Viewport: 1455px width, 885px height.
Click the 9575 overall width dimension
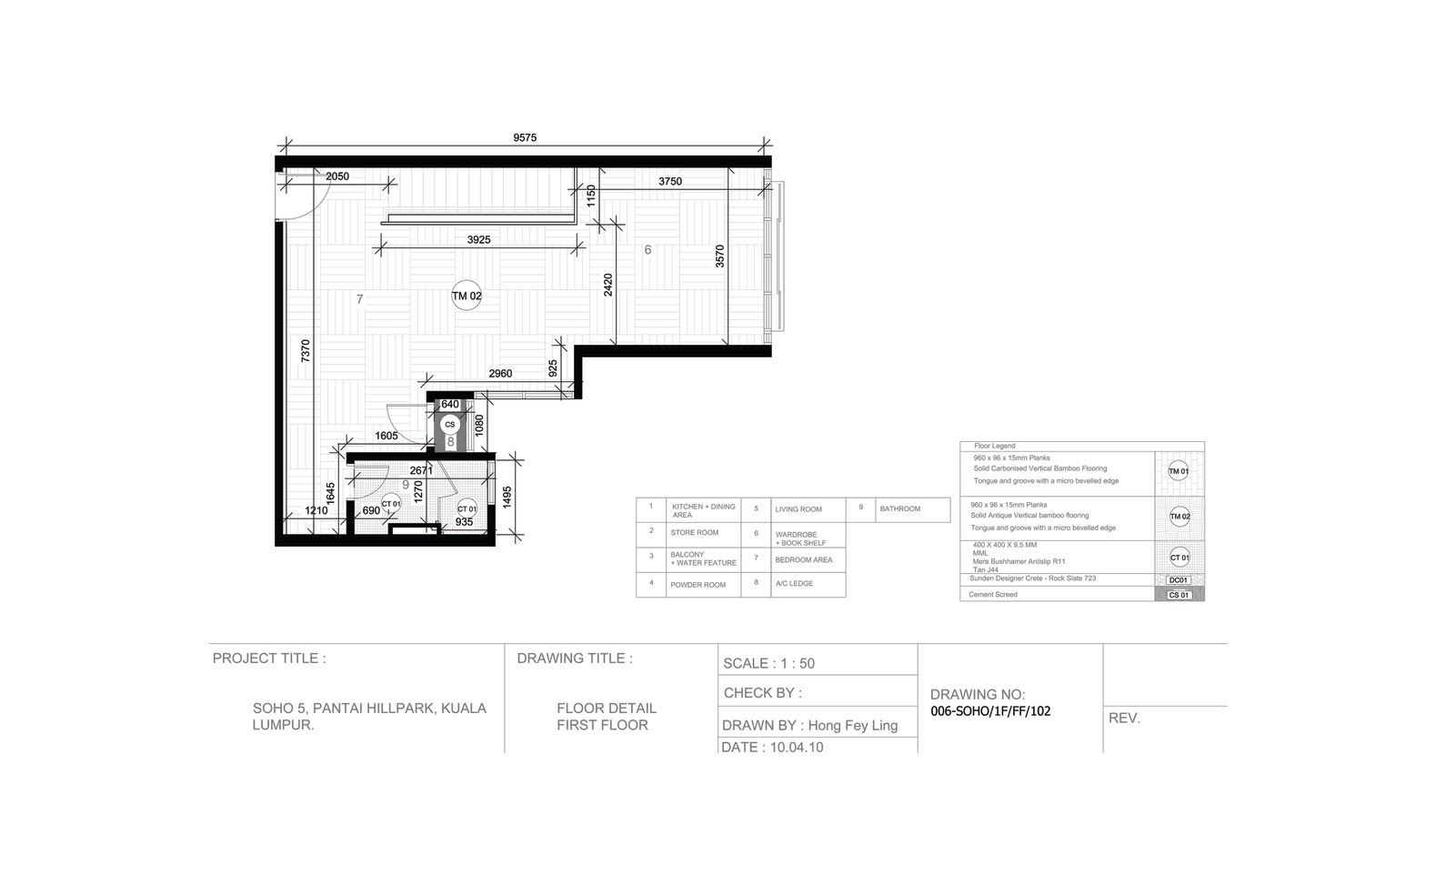(525, 138)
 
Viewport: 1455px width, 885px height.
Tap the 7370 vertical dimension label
(306, 352)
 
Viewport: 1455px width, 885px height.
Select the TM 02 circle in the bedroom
(467, 296)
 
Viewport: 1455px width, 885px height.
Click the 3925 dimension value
(478, 240)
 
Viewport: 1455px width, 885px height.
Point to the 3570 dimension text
(719, 256)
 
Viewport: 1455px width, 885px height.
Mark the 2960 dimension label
(500, 374)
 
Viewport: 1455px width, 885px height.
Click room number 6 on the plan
(647, 250)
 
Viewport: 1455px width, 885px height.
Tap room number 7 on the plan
(360, 299)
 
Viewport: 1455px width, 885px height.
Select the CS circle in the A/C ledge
(449, 424)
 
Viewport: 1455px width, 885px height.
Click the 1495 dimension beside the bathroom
(507, 497)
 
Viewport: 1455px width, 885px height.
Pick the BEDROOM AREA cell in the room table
(805, 560)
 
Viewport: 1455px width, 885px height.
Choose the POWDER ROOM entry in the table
(697, 585)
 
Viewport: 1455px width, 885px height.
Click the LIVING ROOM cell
(798, 509)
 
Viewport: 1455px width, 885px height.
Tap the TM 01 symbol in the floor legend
(1179, 471)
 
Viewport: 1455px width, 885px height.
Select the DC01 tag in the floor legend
(1178, 580)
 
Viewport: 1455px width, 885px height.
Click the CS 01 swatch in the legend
(1179, 595)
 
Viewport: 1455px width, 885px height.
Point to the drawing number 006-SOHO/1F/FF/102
(990, 712)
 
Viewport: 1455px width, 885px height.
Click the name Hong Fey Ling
(852, 726)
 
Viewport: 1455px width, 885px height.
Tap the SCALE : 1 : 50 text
(768, 664)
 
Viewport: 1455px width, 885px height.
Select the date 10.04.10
(797, 748)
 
